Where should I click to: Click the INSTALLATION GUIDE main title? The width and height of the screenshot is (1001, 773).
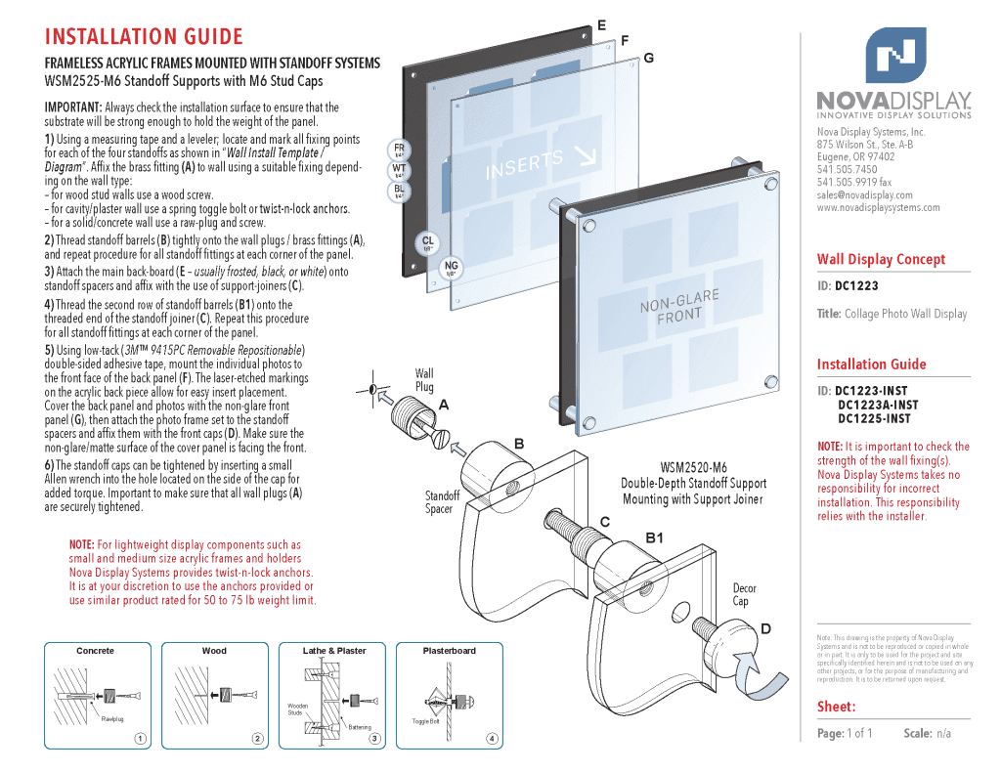[144, 37]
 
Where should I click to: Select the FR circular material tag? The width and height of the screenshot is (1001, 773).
[399, 149]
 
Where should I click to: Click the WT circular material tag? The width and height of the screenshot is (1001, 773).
[399, 170]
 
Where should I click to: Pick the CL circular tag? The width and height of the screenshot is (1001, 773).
[427, 242]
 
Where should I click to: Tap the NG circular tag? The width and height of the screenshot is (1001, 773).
[451, 268]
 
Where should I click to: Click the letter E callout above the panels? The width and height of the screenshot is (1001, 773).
[601, 24]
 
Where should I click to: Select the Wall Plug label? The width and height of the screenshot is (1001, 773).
[424, 380]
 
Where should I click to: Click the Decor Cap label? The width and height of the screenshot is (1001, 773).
[745, 594]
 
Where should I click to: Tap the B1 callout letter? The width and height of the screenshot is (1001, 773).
[655, 537]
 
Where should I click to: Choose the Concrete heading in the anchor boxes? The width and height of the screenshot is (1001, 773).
[95, 651]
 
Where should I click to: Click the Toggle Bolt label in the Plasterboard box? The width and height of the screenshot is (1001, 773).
[425, 721]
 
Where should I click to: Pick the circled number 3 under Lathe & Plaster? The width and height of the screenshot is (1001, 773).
[375, 738]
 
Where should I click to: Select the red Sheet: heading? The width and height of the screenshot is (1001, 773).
[836, 707]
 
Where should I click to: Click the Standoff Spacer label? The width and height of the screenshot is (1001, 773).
[442, 502]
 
